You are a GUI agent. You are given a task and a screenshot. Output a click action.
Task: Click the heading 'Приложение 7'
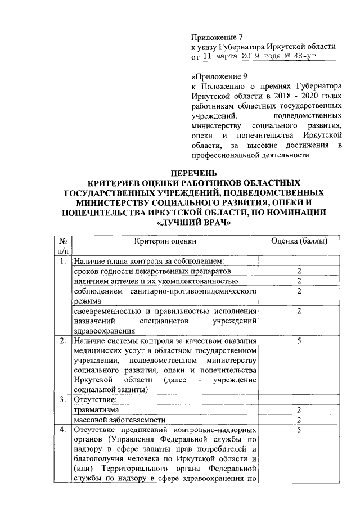[x=215, y=37]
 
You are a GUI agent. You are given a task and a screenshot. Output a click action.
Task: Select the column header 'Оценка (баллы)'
[x=299, y=241]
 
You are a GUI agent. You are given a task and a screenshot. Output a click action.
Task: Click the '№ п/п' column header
[x=64, y=245]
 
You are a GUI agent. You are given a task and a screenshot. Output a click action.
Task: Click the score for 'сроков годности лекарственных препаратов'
[x=299, y=271]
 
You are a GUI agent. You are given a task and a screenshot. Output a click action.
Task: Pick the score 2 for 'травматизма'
[x=299, y=410]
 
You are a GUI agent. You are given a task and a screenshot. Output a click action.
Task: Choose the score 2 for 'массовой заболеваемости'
[x=299, y=420]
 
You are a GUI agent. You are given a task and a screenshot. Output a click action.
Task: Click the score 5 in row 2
[x=299, y=340]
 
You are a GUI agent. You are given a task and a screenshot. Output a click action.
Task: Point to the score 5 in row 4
[x=299, y=430]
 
